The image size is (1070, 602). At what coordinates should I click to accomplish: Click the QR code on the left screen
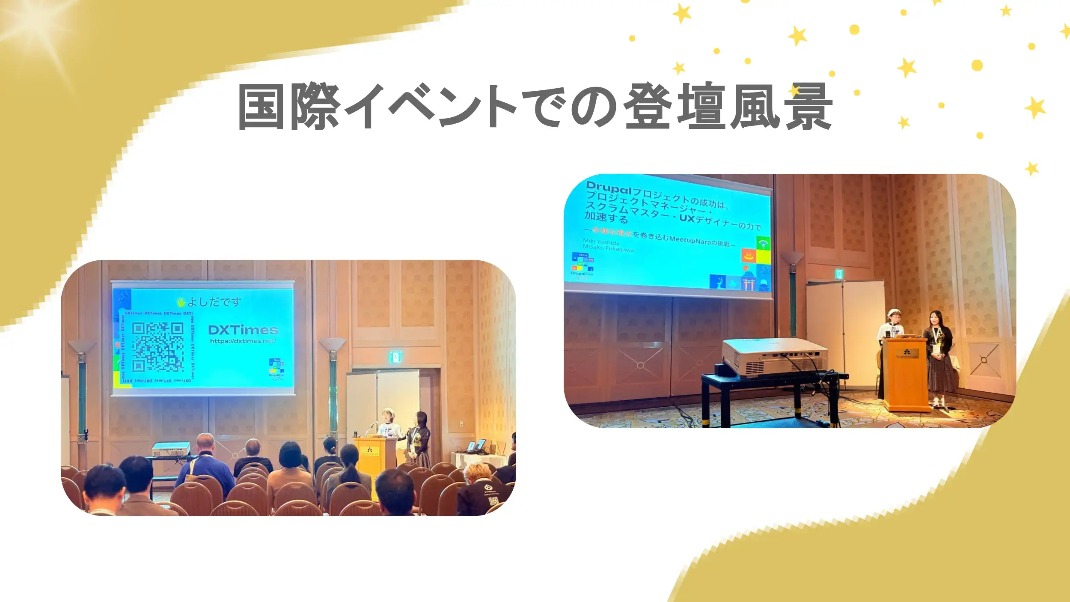[x=158, y=346]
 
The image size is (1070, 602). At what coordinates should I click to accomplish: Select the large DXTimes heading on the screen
[x=243, y=330]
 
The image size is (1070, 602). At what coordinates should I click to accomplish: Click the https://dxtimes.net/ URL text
[x=243, y=341]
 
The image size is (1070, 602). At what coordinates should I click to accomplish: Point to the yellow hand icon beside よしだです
[x=181, y=302]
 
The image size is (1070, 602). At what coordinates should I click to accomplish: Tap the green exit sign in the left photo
[x=395, y=356]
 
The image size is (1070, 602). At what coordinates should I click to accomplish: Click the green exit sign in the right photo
[x=839, y=274]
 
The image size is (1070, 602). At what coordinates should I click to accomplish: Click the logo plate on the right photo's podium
[x=907, y=354]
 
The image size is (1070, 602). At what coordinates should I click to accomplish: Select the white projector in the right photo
[x=775, y=357]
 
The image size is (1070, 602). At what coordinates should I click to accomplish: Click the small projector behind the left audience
[x=171, y=449]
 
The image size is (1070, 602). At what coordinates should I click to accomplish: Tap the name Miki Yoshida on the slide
[x=601, y=242]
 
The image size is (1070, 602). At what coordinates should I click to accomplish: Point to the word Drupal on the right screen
[x=608, y=188]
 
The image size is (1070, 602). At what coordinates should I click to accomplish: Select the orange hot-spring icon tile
[x=749, y=256]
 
